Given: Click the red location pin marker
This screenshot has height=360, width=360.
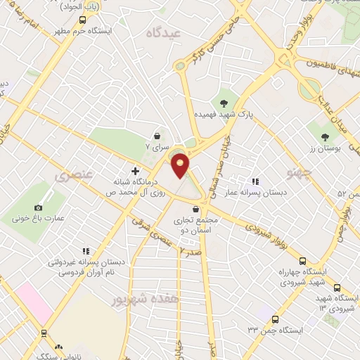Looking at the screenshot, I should click(181, 165).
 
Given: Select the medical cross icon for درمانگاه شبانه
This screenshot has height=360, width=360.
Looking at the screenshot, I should click(135, 171).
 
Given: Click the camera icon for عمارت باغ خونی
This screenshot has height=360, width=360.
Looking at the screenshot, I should click(38, 207).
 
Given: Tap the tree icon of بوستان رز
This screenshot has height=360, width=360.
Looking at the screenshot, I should click(324, 137).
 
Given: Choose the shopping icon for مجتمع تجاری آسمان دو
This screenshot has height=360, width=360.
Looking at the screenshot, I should click(195, 210).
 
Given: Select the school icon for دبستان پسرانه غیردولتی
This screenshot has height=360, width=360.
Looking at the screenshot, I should click(86, 251).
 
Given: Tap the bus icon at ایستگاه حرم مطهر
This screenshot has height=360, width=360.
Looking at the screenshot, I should click(83, 20).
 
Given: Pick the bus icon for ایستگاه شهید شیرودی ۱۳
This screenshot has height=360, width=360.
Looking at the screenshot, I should click(337, 287).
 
